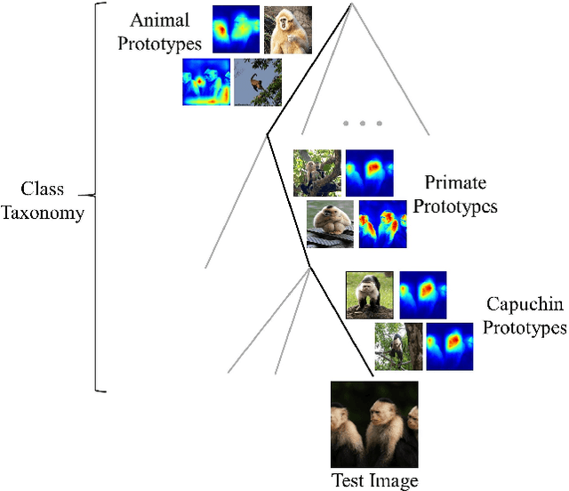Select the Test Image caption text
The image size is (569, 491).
(374, 481)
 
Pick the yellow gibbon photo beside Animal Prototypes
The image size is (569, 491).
(289, 30)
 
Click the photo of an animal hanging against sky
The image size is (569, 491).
(258, 83)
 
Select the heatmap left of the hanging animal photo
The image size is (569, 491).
(206, 83)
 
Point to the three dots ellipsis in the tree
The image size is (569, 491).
(361, 123)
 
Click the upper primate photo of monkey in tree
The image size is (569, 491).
(317, 173)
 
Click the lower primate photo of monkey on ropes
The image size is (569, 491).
(330, 223)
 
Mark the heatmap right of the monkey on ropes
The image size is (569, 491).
(382, 223)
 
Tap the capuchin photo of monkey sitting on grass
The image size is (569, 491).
(369, 295)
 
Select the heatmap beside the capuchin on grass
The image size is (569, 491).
(422, 295)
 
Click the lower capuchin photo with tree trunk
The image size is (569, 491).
(397, 346)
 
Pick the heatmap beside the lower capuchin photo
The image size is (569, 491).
(449, 346)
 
